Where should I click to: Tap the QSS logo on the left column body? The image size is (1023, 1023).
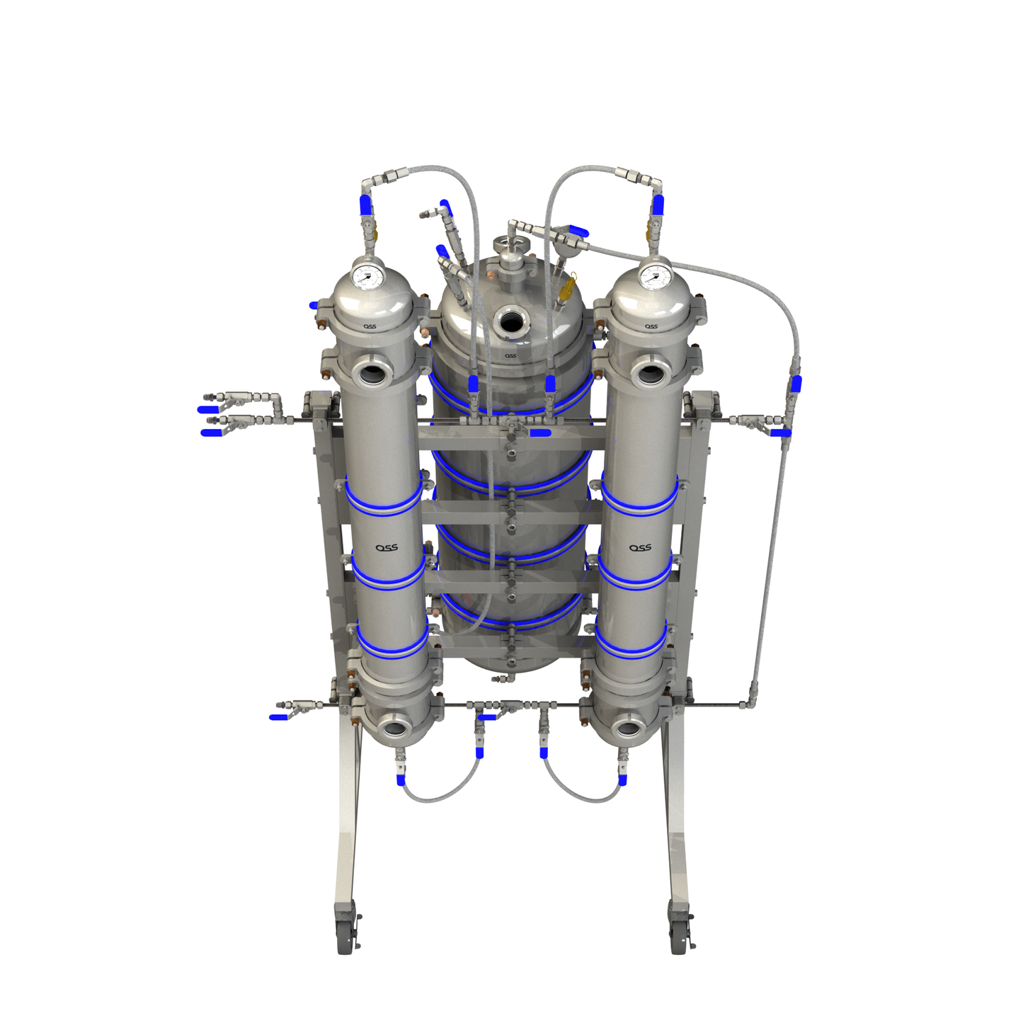tap(387, 547)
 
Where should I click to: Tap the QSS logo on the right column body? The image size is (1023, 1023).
tap(640, 547)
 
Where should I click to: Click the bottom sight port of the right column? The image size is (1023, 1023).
tap(627, 727)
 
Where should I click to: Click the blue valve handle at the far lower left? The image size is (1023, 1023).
tap(279, 717)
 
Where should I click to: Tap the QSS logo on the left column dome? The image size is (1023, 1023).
tap(370, 326)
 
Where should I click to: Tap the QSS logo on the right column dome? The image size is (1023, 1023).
tap(651, 326)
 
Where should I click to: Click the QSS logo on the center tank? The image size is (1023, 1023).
tap(510, 355)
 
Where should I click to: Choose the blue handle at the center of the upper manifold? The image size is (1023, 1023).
tap(540, 432)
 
